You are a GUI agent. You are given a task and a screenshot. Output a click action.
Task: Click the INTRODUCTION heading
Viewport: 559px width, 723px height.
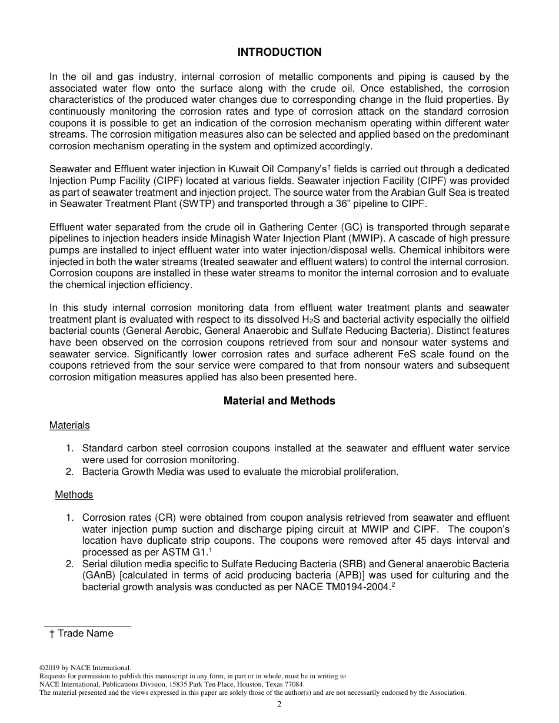[279, 52]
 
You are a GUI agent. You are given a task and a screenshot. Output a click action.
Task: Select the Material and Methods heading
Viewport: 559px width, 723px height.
[279, 401]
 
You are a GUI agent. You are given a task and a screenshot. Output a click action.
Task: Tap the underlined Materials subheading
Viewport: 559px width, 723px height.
[69, 425]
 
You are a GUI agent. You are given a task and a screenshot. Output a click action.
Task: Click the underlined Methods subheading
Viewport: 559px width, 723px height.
[74, 494]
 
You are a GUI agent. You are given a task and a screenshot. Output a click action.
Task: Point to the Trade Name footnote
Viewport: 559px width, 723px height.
[82, 634]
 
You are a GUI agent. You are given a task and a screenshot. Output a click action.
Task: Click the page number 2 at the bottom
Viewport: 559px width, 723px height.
[279, 705]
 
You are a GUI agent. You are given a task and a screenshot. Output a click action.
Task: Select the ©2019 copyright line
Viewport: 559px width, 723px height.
[85, 668]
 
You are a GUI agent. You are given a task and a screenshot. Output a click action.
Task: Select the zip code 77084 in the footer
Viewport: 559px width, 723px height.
[293, 684]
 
